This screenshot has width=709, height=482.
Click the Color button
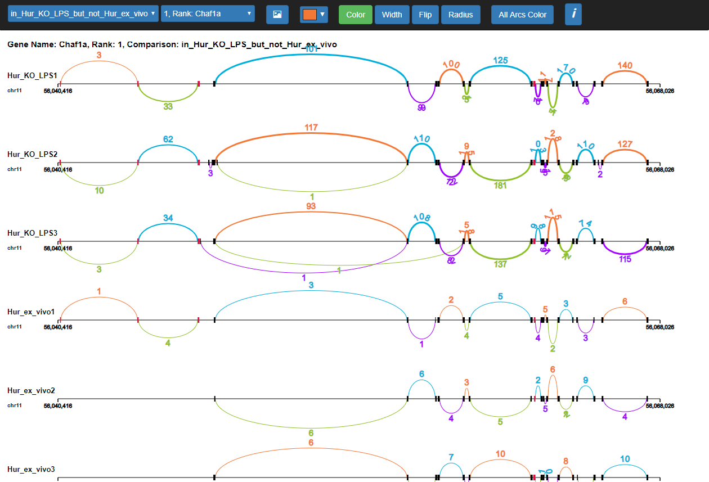point(355,15)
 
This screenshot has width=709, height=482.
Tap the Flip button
point(425,15)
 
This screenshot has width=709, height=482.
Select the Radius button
point(460,15)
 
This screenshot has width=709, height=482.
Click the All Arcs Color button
point(522,15)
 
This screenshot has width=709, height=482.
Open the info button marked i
point(573,14)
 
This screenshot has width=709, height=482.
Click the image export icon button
point(277,15)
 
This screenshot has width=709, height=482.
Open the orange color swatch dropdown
point(314,15)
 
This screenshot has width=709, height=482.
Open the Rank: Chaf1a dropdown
point(208,13)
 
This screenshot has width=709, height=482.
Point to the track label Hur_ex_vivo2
point(30,390)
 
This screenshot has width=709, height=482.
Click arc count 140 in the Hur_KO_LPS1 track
point(625,65)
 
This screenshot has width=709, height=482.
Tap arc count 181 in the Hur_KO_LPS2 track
point(500,186)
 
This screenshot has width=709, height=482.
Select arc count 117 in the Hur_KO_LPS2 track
point(311,128)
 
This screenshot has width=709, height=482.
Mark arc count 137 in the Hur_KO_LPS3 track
point(500,264)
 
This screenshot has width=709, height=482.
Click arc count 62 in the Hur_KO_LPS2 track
point(168,139)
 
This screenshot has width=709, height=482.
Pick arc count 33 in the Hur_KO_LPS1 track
point(168,106)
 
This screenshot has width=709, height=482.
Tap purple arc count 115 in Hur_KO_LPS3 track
point(625,259)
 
